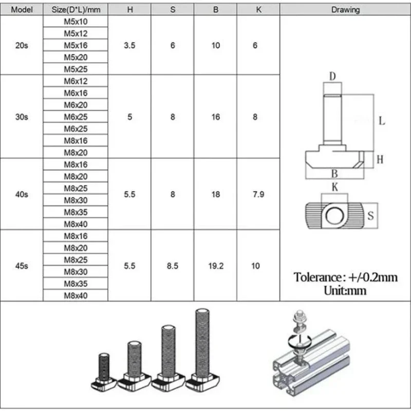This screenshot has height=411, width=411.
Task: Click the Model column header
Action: click(22, 10)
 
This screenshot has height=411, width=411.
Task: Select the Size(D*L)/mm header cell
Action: click(76, 10)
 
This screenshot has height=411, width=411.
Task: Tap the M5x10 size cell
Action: click(76, 22)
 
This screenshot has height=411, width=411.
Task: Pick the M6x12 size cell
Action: click(76, 81)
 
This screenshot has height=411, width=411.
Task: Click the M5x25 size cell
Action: click(76, 69)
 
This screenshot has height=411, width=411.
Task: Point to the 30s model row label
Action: click(22, 117)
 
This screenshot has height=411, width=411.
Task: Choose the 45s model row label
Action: click(22, 266)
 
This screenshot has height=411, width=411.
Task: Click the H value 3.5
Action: click(129, 45)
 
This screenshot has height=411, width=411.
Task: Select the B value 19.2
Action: click(216, 266)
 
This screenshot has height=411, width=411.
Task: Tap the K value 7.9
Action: click(258, 194)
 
